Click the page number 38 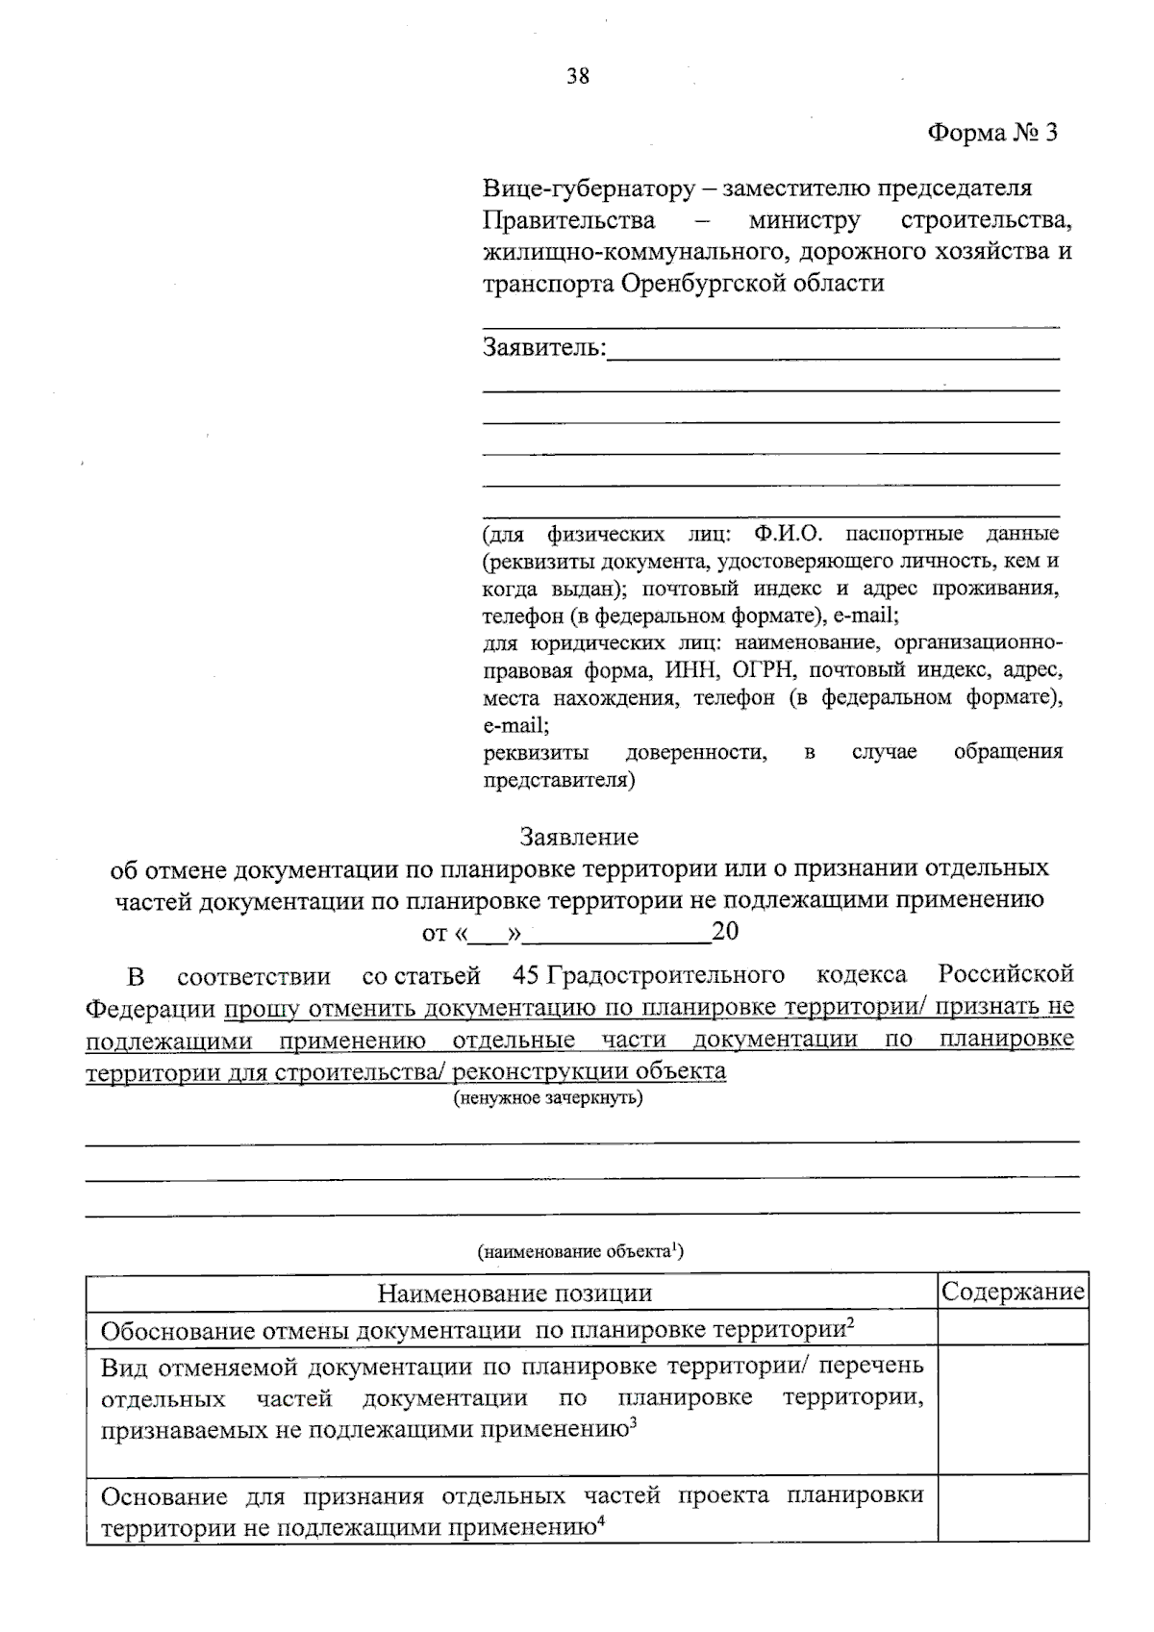click(x=578, y=76)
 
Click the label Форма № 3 click(x=991, y=133)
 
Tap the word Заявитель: click(x=544, y=347)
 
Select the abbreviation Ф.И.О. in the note click(x=789, y=533)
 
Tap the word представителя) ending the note click(x=559, y=781)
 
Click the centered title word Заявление click(x=579, y=837)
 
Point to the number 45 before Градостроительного click(x=526, y=975)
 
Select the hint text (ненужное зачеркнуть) click(x=548, y=1097)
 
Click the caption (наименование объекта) click(x=580, y=1251)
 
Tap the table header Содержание click(x=1013, y=1292)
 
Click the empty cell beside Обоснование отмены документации click(x=1013, y=1329)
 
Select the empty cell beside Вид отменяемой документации click(x=1013, y=1411)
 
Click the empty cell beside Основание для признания click(x=1013, y=1510)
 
